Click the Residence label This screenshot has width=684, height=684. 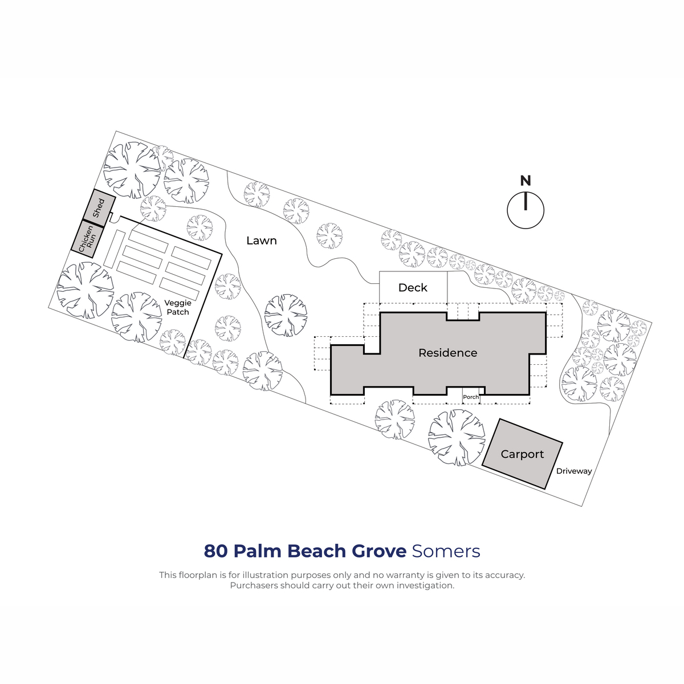[x=447, y=353]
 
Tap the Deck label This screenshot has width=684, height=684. [x=413, y=287]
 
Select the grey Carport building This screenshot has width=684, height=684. [x=522, y=454]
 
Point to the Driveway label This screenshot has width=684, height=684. [x=573, y=471]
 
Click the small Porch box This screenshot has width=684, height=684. [x=471, y=397]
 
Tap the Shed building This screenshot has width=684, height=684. [x=99, y=208]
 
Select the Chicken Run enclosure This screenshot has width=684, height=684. [x=87, y=239]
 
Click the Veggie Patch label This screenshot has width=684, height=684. [x=178, y=307]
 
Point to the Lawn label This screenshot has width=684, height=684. [x=262, y=241]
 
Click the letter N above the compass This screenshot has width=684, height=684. [x=526, y=181]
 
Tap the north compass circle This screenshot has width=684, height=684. [x=526, y=210]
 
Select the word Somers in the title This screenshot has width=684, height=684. [x=446, y=551]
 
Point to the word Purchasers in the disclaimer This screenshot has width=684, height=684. [x=254, y=585]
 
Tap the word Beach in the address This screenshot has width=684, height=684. [x=316, y=551]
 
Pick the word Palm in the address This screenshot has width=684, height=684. [x=256, y=551]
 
